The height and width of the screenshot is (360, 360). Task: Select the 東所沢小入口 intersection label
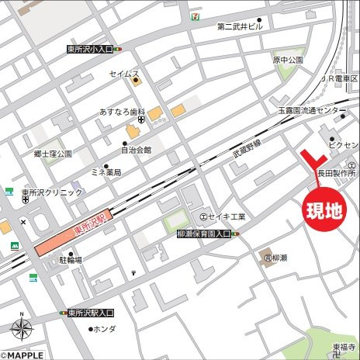click(90, 49)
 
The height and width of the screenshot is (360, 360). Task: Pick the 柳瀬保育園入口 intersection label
click(198, 234)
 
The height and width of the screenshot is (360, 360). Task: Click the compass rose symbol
click(21, 330)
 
